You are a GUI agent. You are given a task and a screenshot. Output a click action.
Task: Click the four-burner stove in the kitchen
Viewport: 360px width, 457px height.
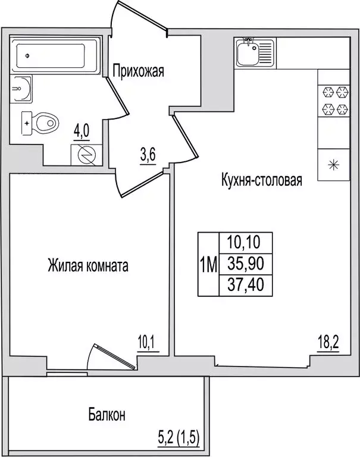pyautogui.click(x=334, y=101)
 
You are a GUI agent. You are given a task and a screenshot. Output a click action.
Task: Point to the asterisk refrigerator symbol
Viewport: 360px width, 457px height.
pyautogui.click(x=333, y=162)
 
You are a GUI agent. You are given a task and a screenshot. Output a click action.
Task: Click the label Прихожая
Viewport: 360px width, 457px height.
pyautogui.click(x=138, y=72)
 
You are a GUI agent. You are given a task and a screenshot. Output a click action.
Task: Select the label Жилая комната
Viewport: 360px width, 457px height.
pyautogui.click(x=88, y=266)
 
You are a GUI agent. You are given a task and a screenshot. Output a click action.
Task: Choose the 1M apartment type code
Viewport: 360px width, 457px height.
pyautogui.click(x=208, y=262)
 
